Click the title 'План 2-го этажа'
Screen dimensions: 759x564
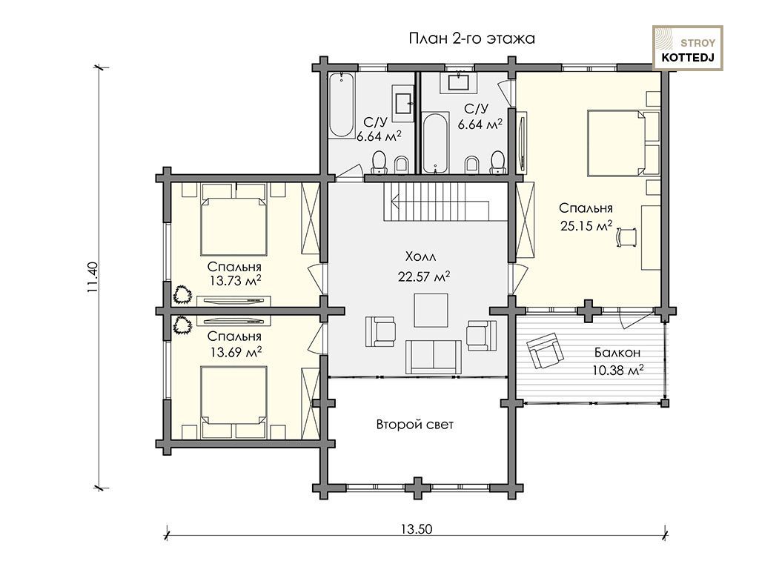[x=472, y=39]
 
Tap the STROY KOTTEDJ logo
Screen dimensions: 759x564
[x=688, y=48]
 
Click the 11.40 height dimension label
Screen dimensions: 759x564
[x=93, y=277]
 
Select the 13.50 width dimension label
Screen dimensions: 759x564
[x=417, y=528]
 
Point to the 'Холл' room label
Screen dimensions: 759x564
[x=420, y=256]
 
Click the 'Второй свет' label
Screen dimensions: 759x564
[x=415, y=425]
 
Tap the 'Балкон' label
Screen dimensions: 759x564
[x=617, y=353]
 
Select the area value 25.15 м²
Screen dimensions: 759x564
[x=586, y=225]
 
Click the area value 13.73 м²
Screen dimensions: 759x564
[x=236, y=280]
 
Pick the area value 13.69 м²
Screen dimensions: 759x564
[x=236, y=351]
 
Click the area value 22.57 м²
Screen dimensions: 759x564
[x=424, y=276]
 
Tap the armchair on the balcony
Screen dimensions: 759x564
[x=546, y=351]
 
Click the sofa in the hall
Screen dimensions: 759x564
[x=433, y=356]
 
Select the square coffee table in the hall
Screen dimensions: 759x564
[x=431, y=311]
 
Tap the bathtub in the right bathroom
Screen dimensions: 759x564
[x=436, y=143]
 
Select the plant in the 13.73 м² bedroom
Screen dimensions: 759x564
[x=182, y=294]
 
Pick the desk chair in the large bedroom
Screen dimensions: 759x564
[x=627, y=237]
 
